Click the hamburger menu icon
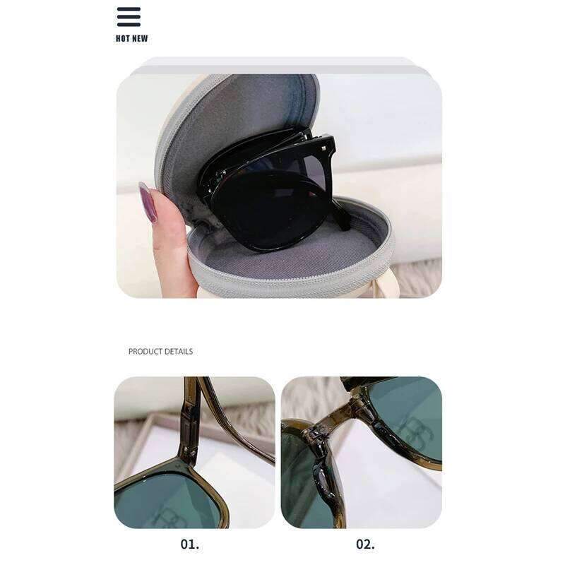[129, 17]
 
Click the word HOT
[123, 39]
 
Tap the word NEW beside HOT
[140, 39]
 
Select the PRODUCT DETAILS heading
[160, 352]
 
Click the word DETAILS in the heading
[180, 352]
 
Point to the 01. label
[190, 544]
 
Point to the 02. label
[365, 544]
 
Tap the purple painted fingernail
[148, 203]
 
